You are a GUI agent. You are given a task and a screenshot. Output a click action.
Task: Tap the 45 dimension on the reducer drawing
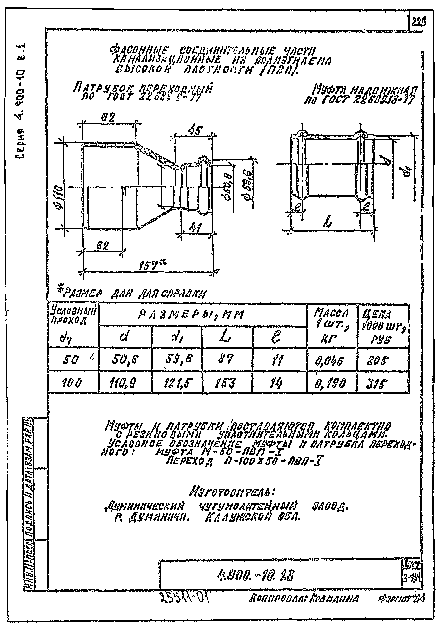(195, 130)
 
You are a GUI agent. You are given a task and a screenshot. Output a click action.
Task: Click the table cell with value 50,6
(125, 359)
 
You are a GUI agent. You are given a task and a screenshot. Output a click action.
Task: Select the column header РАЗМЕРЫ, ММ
(190, 315)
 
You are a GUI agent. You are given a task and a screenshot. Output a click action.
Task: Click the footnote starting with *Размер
(131, 293)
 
